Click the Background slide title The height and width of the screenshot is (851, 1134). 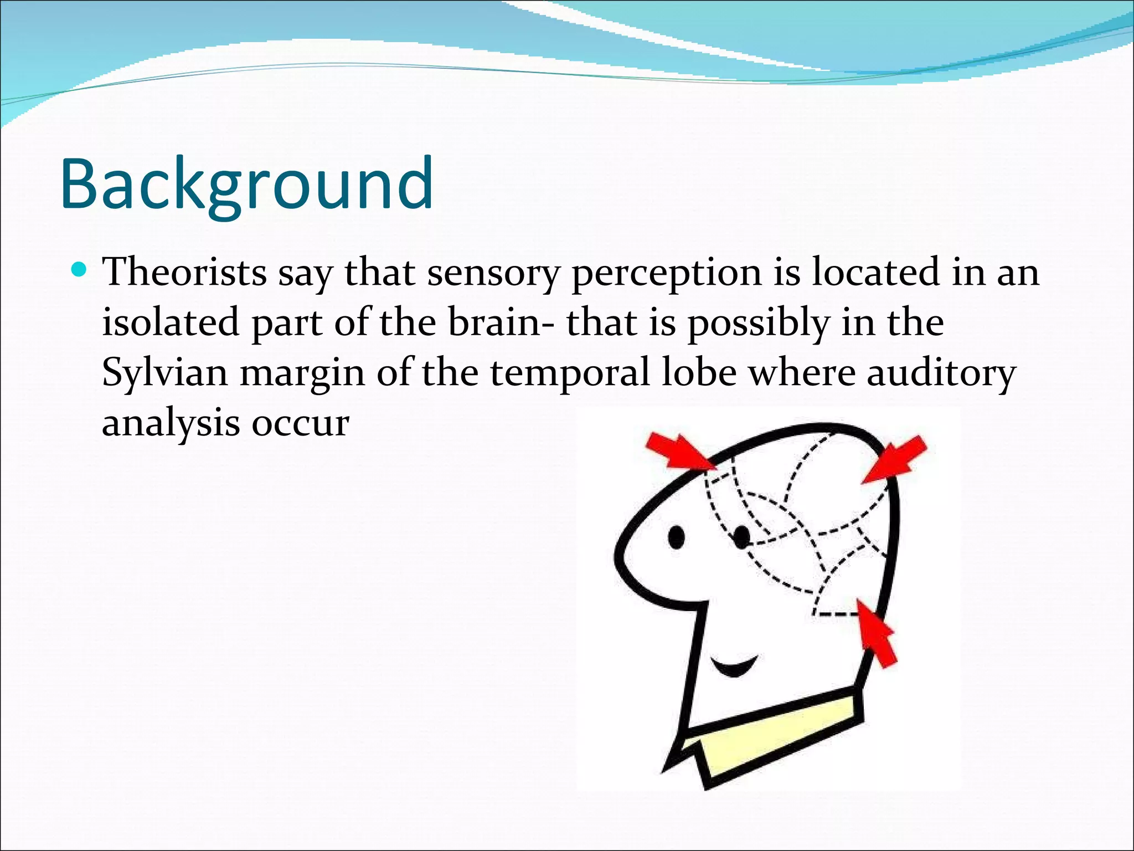(x=246, y=184)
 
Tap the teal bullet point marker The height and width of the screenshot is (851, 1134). (x=80, y=271)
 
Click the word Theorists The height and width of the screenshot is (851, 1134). (x=184, y=273)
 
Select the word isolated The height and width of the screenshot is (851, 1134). (x=171, y=322)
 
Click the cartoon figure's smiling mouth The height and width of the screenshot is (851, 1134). (x=734, y=666)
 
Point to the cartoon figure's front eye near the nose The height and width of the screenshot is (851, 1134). (x=676, y=537)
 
